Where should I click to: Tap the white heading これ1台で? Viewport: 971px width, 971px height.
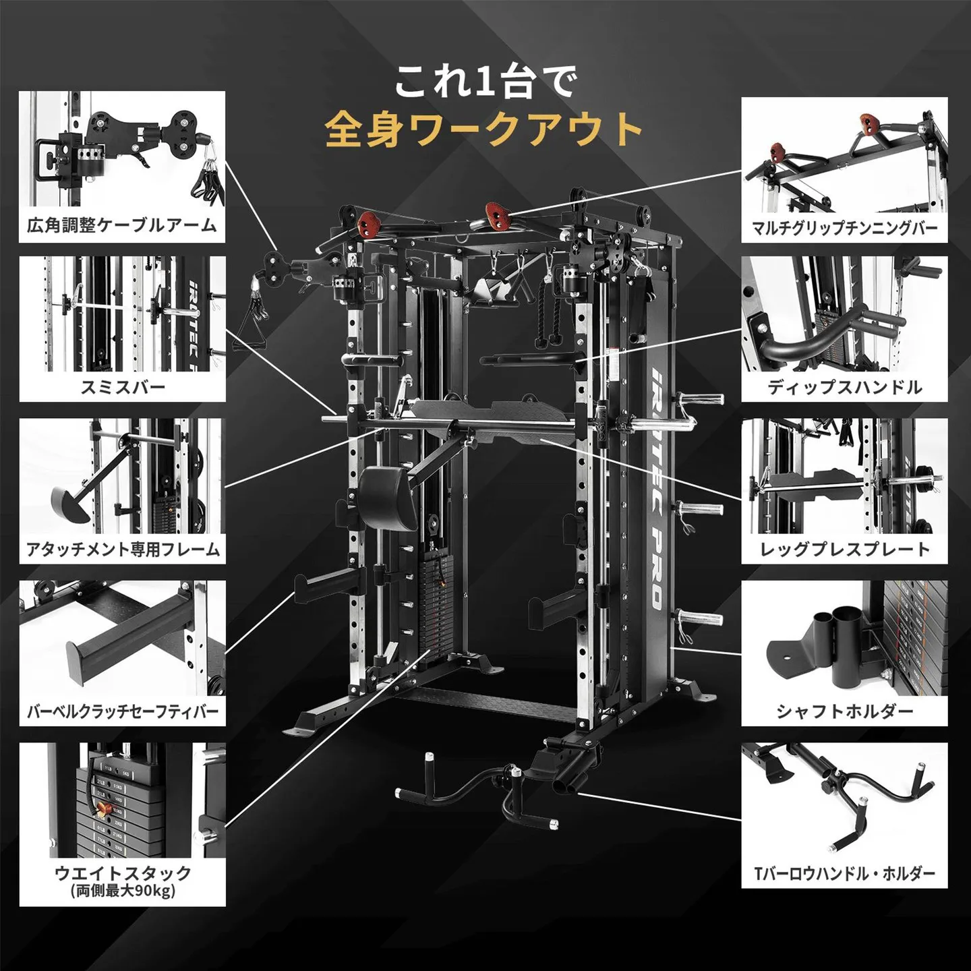pos(486,82)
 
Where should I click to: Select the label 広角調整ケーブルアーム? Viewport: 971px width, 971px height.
pos(122,225)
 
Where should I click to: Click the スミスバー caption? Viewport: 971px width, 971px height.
pos(122,387)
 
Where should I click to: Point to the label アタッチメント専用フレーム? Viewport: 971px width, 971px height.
pos(123,550)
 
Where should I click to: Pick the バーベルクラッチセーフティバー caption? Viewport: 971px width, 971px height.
pos(123,711)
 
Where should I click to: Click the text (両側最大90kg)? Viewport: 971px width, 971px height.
pos(123,891)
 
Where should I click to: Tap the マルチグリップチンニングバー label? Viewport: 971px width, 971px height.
pos(844,227)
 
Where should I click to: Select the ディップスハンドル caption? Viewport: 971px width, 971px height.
pos(844,387)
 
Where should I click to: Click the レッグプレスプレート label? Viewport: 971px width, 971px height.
pos(844,550)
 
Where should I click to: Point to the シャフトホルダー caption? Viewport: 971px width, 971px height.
pos(844,711)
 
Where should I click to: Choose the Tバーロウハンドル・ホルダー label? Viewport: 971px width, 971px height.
pos(844,874)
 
